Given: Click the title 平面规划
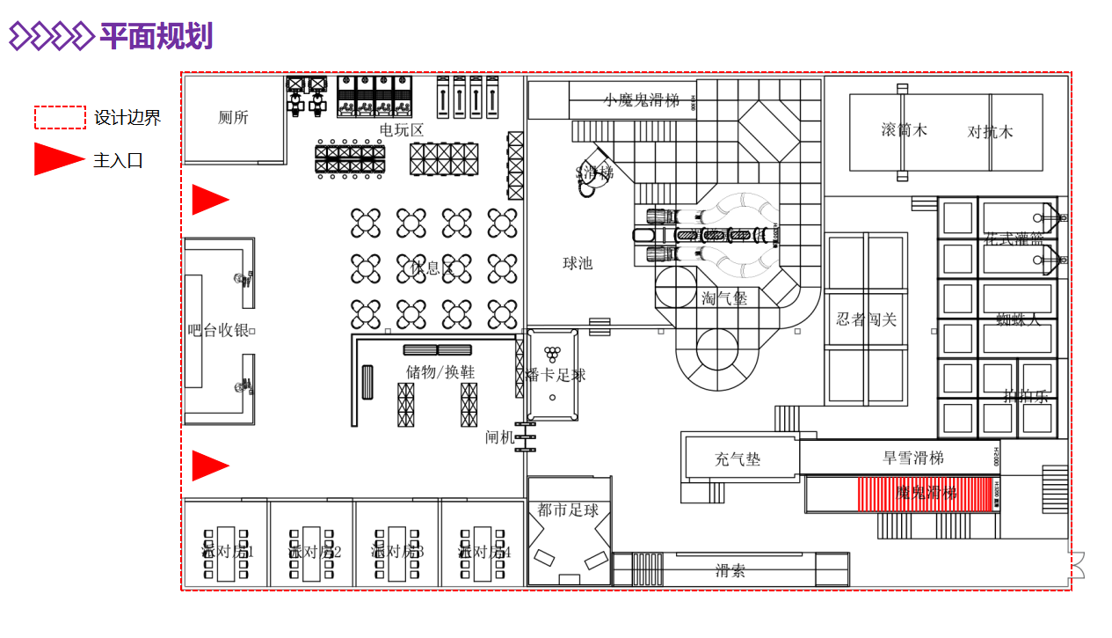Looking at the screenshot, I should coord(156,36).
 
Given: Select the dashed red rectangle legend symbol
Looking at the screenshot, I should coord(60,118).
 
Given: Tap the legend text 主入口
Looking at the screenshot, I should coord(118,160).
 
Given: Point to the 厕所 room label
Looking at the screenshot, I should coord(233,118).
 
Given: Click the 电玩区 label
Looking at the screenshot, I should coord(401,130).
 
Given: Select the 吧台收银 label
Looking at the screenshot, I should coord(218,331).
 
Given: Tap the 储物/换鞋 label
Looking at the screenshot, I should coord(440,372).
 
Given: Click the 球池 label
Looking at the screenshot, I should coord(578,263).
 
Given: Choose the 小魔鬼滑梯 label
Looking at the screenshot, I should coord(642,100).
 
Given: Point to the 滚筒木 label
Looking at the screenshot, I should coord(904,130).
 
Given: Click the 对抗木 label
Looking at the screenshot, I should coord(990,132).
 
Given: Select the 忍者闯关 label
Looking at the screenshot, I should coord(866,319).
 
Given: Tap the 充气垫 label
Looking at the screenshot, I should coord(738,459).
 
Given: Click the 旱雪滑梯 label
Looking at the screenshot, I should coord(912,458).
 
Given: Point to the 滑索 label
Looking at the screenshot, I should coord(730,570).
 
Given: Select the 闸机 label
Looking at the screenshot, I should coord(499,437).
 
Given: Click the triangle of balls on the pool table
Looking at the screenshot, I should coord(552,354).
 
